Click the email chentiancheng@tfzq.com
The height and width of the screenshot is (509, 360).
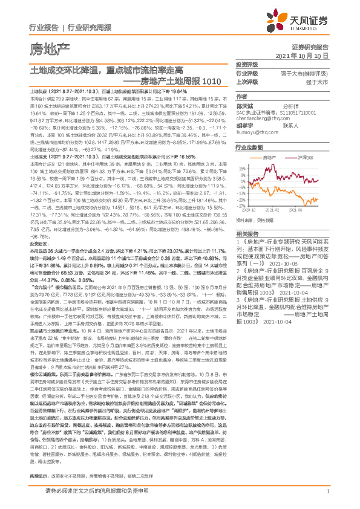tap(262, 118)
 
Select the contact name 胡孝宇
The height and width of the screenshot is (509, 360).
tap(244, 125)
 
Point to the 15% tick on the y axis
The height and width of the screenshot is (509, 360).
tap(241, 169)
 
